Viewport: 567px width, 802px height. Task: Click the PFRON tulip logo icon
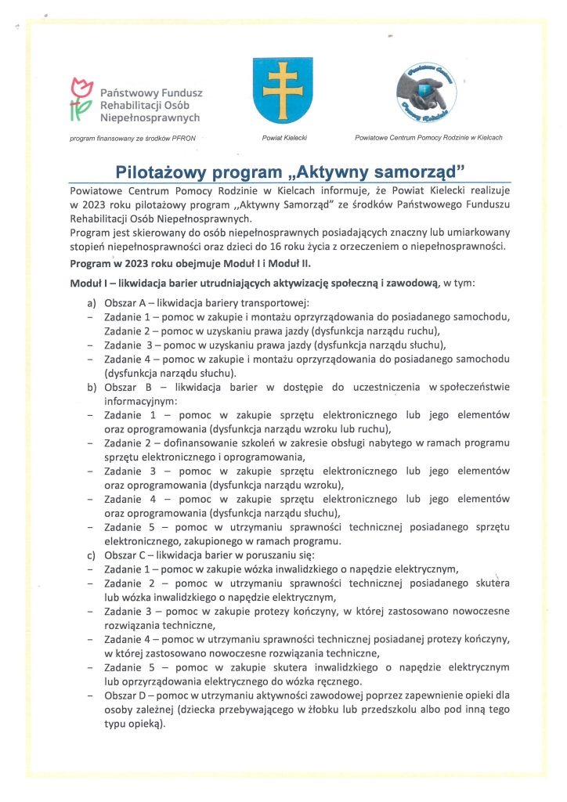[x=79, y=100]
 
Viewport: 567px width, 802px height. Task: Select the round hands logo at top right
[x=427, y=93]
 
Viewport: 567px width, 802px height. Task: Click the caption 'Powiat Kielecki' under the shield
[x=283, y=138]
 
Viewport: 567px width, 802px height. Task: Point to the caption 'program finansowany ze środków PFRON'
[x=132, y=138]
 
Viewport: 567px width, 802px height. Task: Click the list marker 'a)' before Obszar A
[x=92, y=302]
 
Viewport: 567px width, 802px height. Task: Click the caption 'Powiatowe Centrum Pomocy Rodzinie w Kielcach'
[x=428, y=138]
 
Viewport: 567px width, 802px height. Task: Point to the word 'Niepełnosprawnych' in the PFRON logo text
[x=150, y=117]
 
